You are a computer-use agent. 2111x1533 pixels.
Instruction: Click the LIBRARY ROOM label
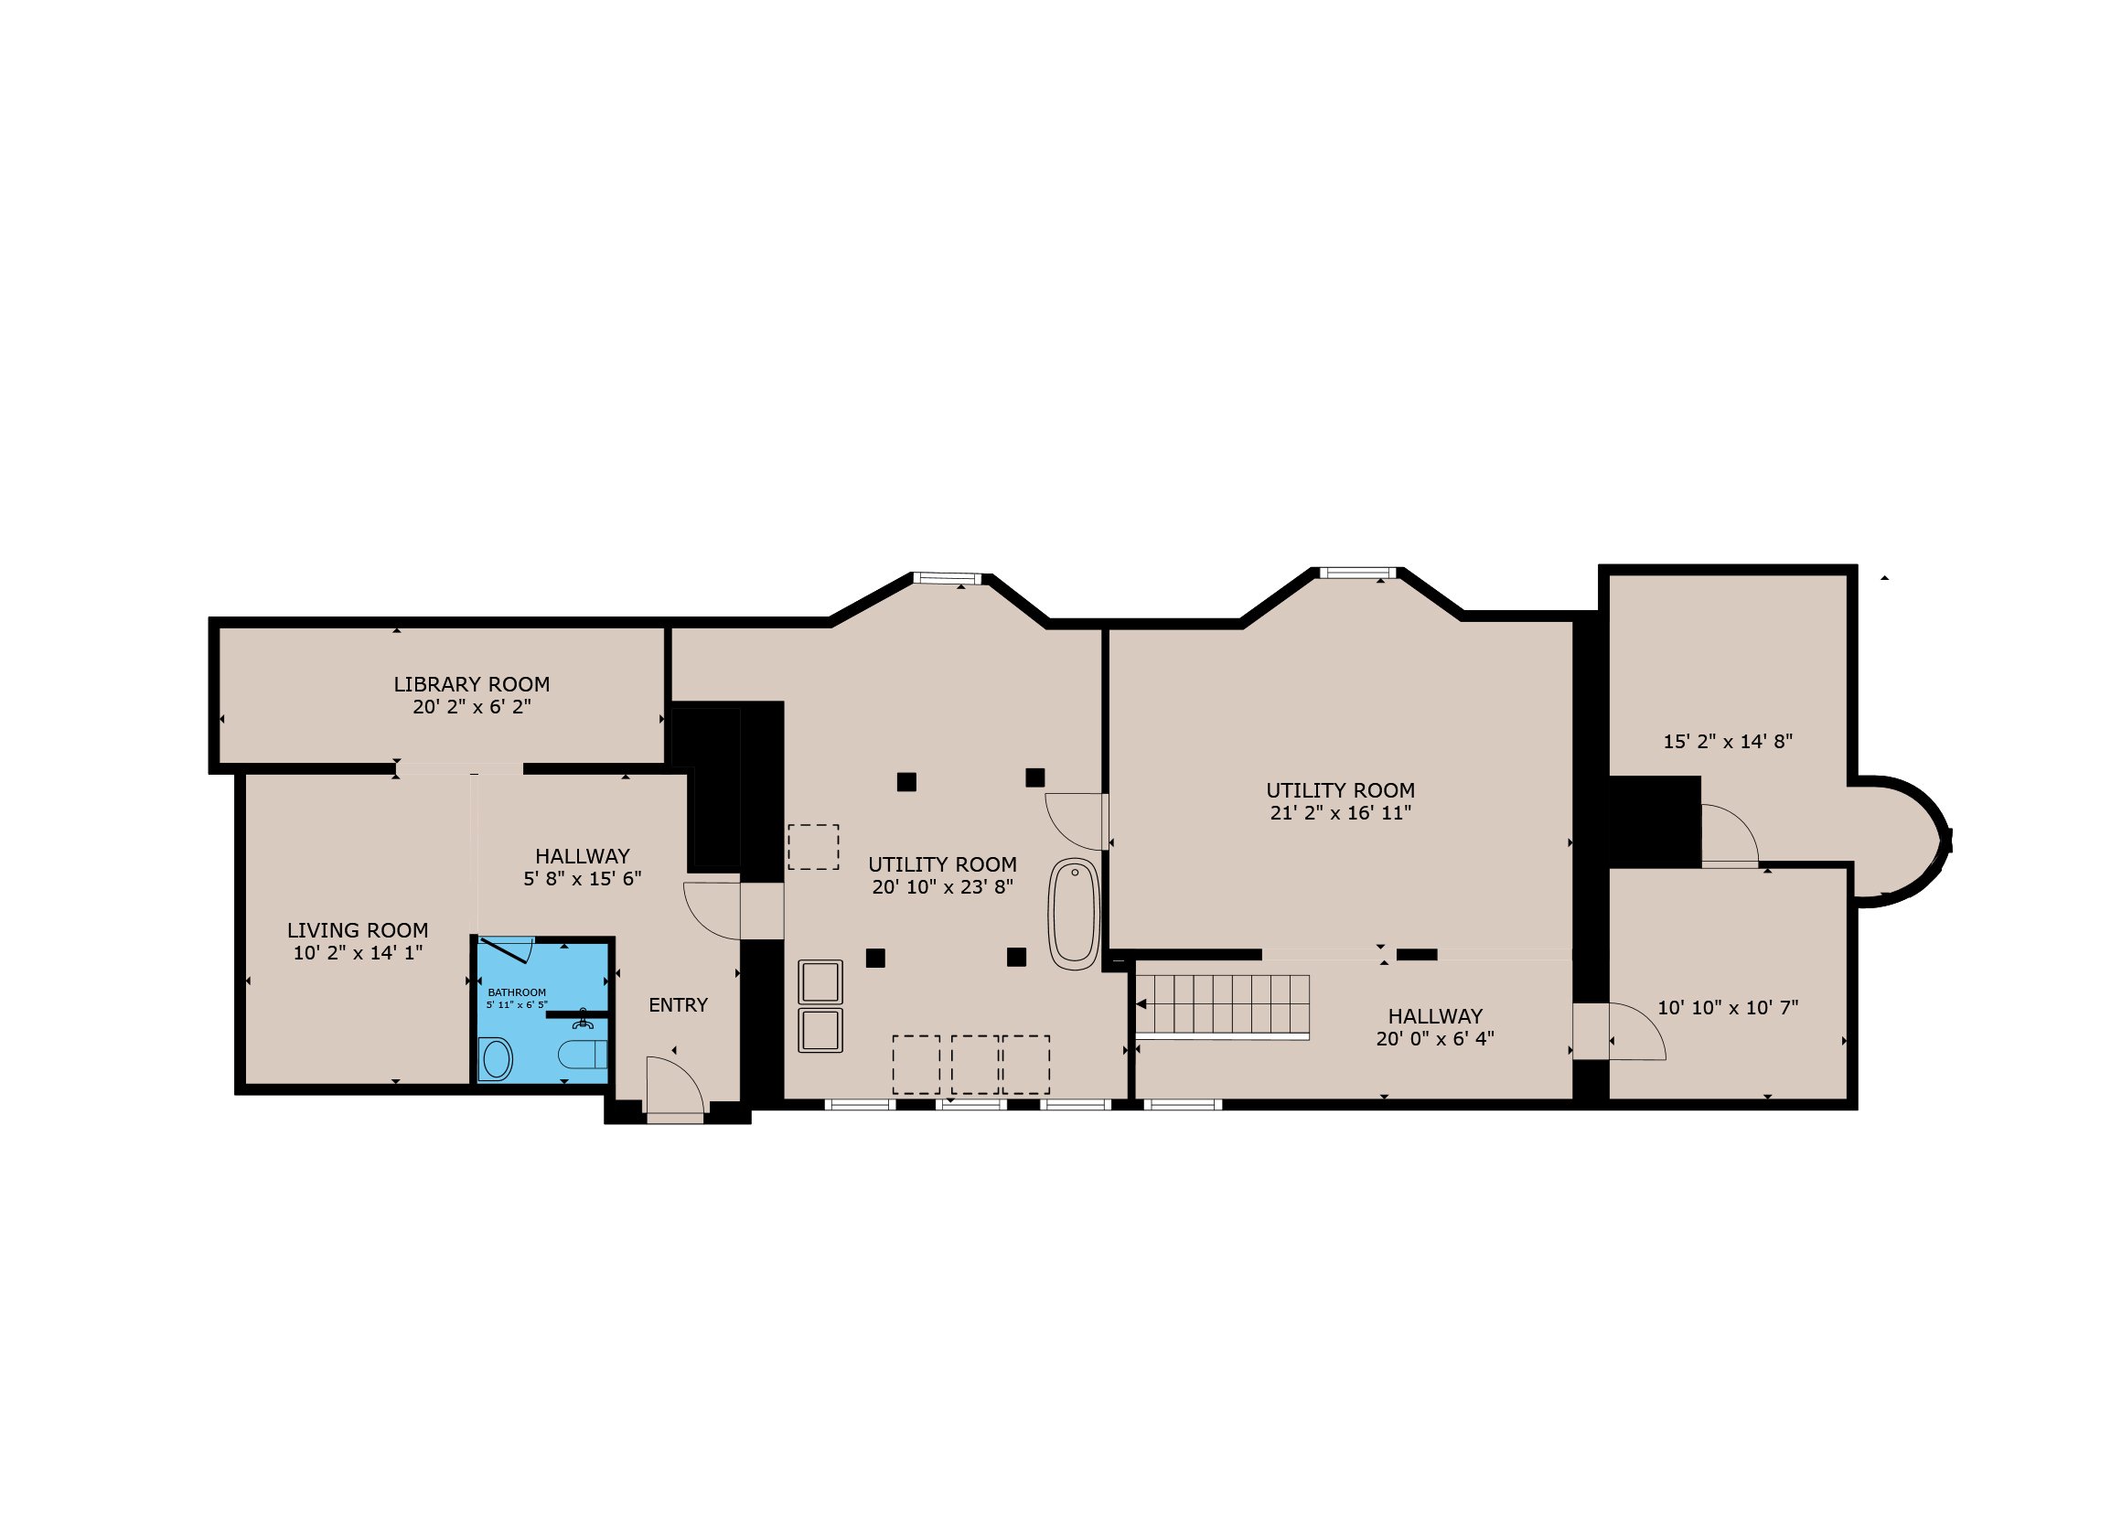[471, 684]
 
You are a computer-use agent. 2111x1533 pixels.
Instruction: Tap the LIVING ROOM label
[358, 930]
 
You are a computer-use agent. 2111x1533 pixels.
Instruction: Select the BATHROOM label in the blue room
[517, 992]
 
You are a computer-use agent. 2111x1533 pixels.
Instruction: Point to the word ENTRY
[678, 1004]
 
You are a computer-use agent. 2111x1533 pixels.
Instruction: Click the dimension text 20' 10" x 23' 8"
[942, 887]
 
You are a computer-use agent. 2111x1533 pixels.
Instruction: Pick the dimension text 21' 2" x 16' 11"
[1340, 812]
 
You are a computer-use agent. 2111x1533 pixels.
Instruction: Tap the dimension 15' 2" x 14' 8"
[1728, 742]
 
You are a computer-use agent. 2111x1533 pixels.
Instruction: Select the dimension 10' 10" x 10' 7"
[1728, 1007]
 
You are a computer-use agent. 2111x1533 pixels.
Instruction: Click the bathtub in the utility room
[1074, 914]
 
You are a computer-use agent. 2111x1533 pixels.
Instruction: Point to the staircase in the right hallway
[1222, 1006]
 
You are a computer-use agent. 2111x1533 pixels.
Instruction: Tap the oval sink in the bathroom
[496, 1059]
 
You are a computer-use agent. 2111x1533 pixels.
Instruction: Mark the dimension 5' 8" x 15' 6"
[582, 879]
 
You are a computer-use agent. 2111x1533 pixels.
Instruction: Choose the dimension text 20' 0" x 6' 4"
[1435, 1039]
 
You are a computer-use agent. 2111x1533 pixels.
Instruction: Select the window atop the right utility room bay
[1358, 573]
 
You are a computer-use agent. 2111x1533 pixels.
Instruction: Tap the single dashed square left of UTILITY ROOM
[813, 847]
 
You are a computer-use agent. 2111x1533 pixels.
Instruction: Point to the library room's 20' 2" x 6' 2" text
[472, 706]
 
